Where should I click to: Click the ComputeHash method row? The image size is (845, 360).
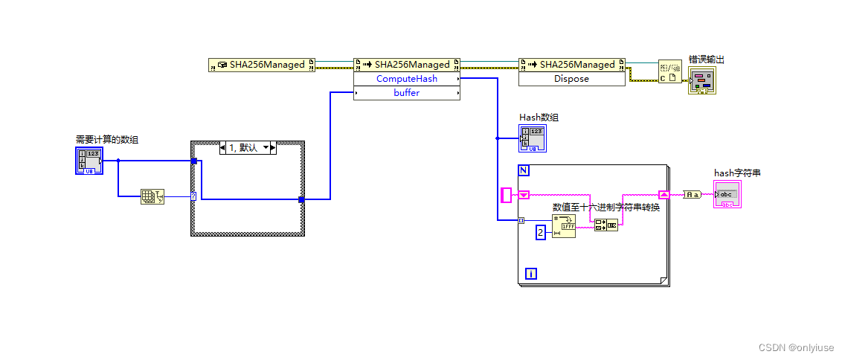(406, 78)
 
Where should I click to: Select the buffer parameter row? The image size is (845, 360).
(406, 93)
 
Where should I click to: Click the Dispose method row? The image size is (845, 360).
(571, 78)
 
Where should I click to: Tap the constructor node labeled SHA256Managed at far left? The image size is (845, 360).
(262, 65)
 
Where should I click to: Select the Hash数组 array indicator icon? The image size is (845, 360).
(533, 138)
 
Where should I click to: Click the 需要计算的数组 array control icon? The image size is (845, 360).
(89, 161)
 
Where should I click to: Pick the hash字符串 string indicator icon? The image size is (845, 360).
(727, 194)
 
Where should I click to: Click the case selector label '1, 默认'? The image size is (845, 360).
(248, 148)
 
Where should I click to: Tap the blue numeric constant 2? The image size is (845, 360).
(541, 233)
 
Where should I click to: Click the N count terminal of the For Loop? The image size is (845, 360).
(524, 170)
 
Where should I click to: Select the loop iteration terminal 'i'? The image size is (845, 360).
(530, 272)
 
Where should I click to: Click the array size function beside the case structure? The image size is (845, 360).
(152, 197)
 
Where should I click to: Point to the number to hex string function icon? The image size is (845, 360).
(564, 226)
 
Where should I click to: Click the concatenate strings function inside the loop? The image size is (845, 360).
(605, 225)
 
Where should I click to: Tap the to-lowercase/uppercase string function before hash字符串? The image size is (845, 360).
(693, 194)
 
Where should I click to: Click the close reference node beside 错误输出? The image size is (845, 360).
(669, 72)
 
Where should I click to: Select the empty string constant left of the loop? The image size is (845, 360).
(507, 195)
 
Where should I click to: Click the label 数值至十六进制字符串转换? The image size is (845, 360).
(605, 207)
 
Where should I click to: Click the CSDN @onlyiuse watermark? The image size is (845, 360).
(795, 347)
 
